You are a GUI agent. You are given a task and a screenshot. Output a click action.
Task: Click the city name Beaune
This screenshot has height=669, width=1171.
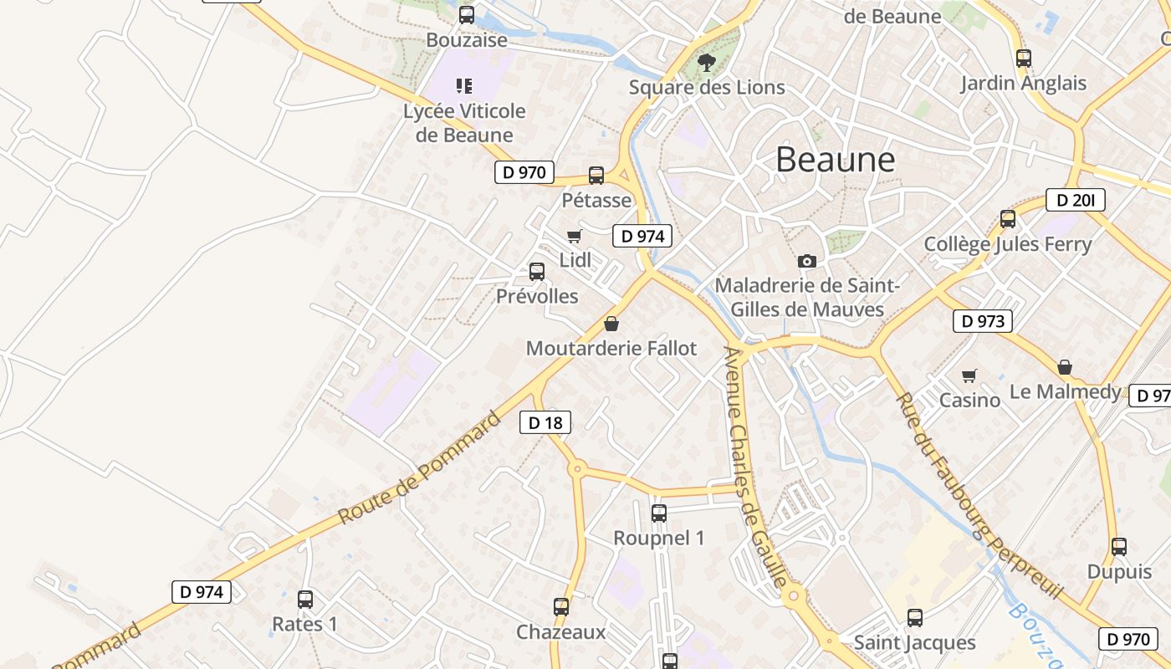835,159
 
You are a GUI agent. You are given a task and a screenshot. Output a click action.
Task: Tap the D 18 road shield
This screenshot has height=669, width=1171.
545,423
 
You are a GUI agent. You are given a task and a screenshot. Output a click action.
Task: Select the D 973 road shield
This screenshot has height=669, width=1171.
982,321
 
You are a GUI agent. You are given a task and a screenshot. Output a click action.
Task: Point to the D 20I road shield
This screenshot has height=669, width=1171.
1075,201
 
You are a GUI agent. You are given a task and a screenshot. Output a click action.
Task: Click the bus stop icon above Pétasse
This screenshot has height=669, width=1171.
596,176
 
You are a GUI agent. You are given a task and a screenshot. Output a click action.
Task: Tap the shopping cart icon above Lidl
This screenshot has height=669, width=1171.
574,237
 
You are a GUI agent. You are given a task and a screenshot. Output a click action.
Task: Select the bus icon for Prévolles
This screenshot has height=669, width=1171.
537,272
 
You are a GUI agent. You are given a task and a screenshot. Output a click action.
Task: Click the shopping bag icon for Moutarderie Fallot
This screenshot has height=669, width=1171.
611,324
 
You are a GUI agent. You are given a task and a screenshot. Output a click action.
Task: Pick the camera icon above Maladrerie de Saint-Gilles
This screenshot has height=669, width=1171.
807,262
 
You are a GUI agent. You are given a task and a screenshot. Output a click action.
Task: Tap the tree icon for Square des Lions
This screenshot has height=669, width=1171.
707,62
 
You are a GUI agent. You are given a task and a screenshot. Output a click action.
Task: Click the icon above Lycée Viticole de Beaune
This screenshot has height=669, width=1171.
464,85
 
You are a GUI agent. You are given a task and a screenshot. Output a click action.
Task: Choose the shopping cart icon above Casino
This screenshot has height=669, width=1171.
969,376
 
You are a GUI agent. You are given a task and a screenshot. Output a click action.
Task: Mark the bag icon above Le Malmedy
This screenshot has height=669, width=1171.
1065,367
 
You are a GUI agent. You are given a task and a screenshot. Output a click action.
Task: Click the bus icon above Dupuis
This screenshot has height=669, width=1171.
1119,547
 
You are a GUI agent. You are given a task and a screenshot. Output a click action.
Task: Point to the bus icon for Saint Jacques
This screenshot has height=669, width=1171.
915,618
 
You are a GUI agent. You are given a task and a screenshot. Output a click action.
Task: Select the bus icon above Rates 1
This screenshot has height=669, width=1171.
305,600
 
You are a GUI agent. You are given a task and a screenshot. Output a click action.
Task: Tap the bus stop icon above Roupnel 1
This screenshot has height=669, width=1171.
659,513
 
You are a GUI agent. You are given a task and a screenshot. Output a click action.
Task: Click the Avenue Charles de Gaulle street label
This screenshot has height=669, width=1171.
755,468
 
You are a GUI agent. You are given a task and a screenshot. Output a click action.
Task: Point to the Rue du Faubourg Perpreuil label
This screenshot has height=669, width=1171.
978,495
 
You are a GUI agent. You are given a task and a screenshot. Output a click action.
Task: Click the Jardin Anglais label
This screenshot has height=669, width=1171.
1023,84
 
